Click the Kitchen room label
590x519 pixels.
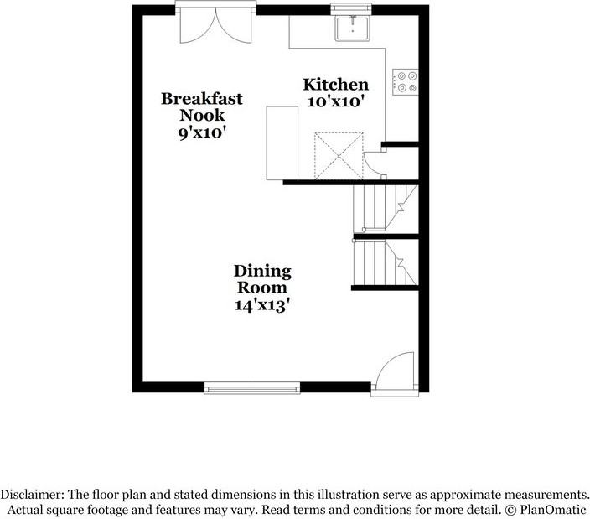click(335, 85)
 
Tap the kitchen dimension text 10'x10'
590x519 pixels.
click(335, 101)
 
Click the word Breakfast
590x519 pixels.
click(202, 99)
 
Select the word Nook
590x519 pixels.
click(202, 115)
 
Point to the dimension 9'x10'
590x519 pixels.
click(202, 132)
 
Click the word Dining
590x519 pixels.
click(262, 272)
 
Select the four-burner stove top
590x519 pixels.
click(406, 81)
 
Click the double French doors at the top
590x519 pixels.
click(216, 23)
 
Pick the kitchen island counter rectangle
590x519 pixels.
click(282, 143)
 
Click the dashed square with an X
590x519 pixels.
click(339, 155)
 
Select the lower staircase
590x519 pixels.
click(386, 262)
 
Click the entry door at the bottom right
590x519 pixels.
click(395, 374)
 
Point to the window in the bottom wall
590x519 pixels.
click(252, 388)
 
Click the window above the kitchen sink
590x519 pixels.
click(351, 8)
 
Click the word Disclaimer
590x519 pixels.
click(32, 494)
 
